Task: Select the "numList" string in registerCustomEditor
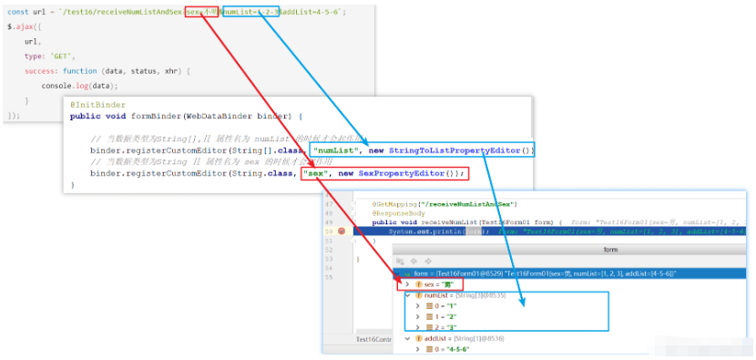(x=339, y=149)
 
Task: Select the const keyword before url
(x=18, y=12)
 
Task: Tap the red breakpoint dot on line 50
(x=342, y=231)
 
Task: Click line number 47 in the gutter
(x=328, y=204)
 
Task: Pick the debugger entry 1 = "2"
(x=446, y=316)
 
